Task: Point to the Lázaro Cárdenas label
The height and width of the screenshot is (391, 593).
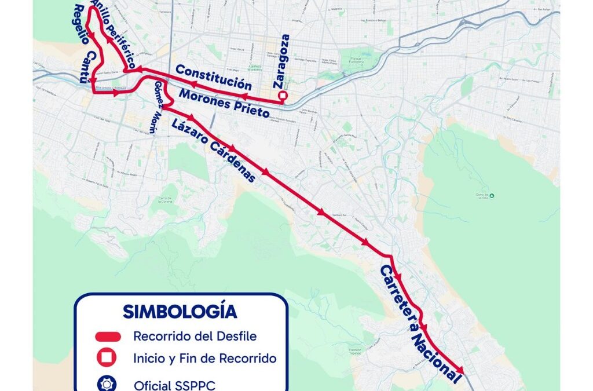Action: click(x=213, y=150)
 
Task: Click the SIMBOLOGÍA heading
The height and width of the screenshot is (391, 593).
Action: click(x=180, y=311)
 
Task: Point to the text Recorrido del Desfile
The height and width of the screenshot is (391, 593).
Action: click(x=195, y=336)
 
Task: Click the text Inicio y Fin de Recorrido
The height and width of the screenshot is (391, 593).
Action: click(x=204, y=359)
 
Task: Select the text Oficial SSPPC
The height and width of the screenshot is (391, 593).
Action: click(x=174, y=385)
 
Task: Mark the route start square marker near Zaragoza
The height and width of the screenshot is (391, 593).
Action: click(x=283, y=96)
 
